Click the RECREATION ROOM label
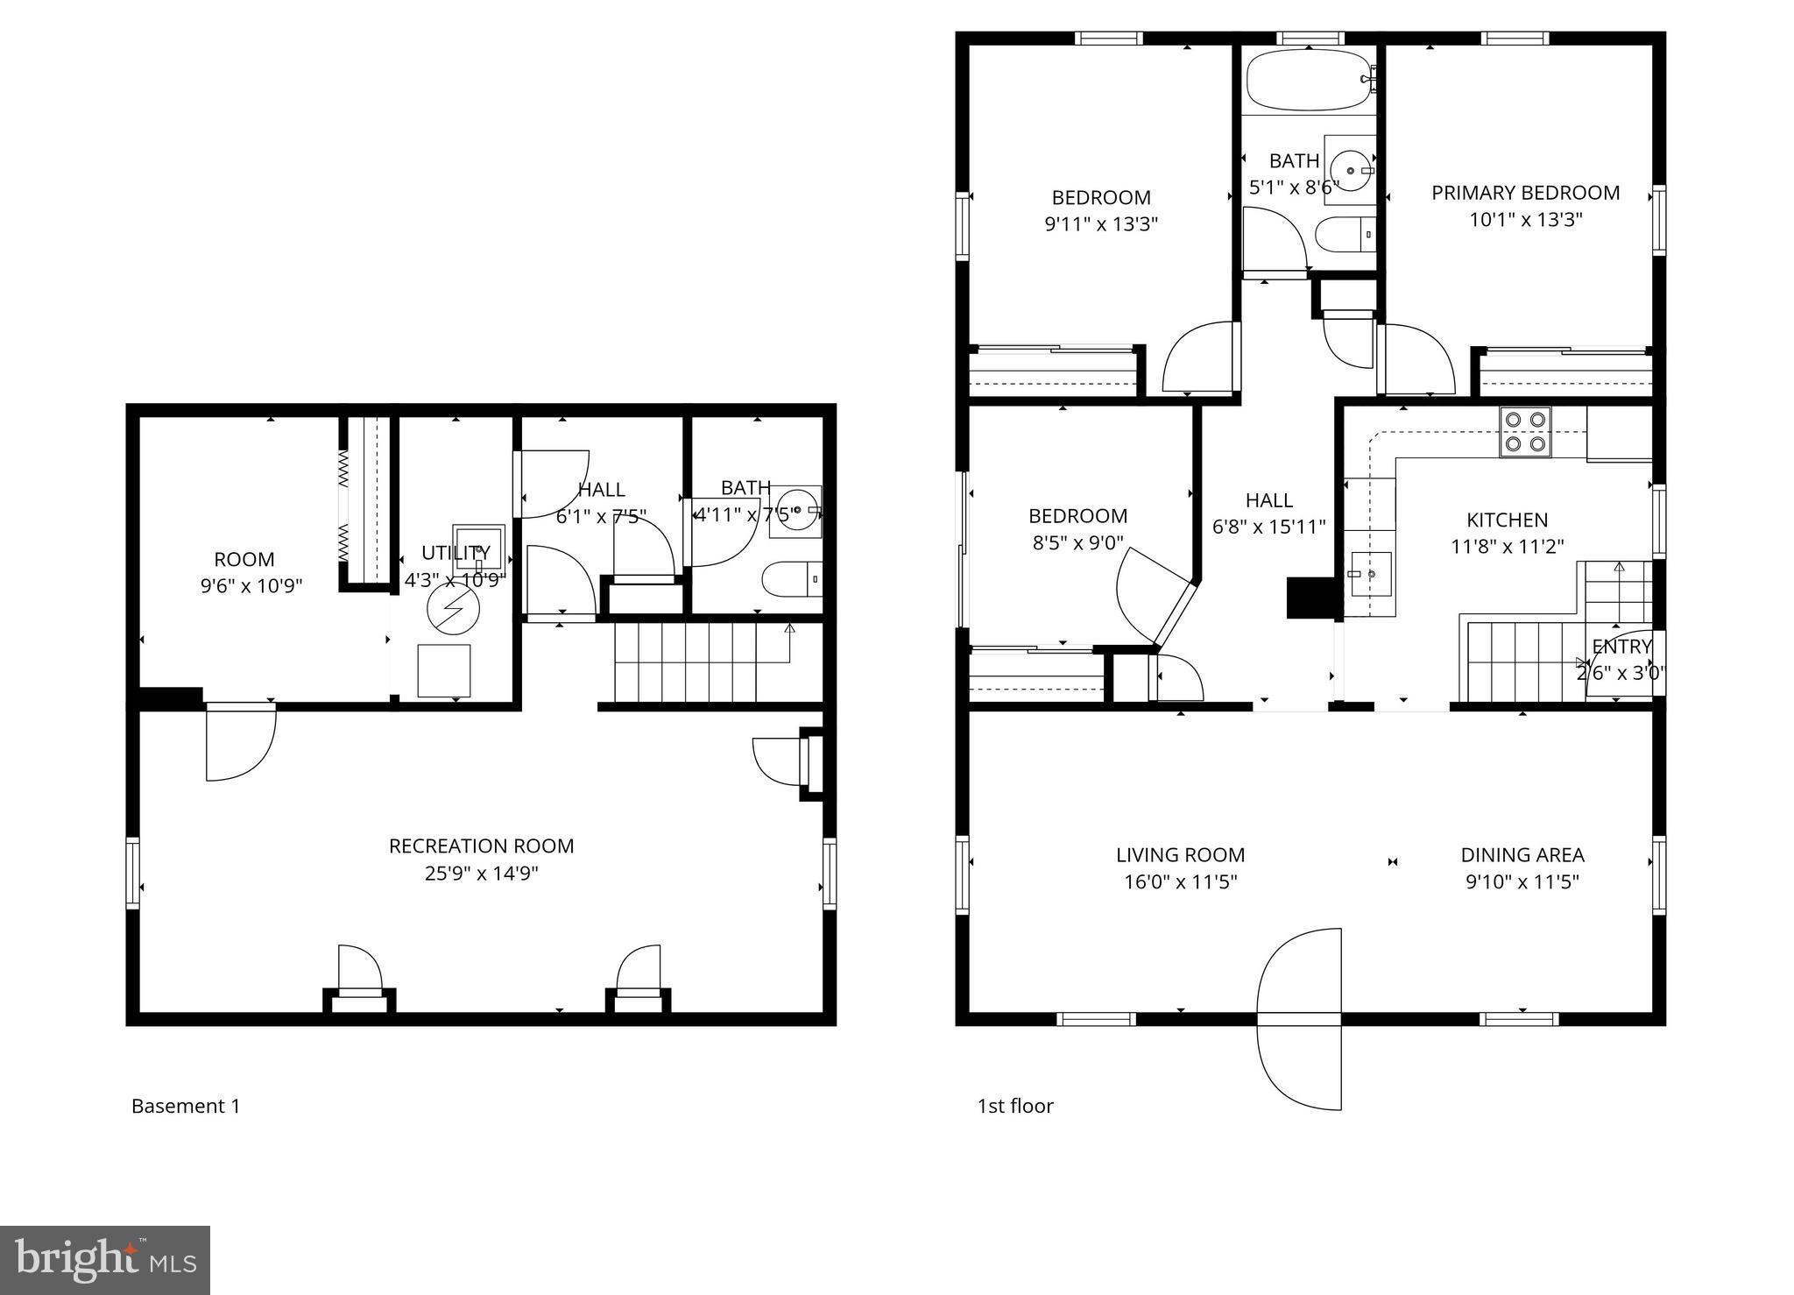[481, 846]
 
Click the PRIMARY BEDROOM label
[1525, 193]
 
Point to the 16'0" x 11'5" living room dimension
[1180, 881]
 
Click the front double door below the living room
[1299, 1019]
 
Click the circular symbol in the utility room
[454, 607]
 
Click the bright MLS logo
[104, 1260]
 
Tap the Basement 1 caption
[185, 1106]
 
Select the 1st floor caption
[1014, 1106]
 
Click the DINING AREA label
[1522, 854]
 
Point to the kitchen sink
[1367, 574]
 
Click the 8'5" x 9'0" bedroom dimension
[1077, 542]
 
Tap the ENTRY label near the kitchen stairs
[1621, 647]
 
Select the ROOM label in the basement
[244, 559]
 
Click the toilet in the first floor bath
[1345, 233]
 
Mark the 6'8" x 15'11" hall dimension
[1268, 527]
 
